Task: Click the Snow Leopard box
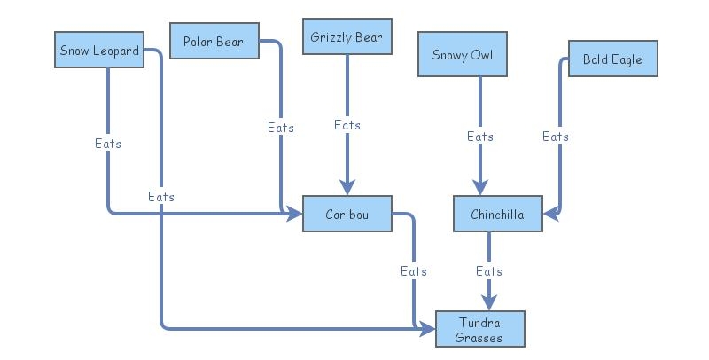coord(98,51)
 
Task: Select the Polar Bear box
coord(213,42)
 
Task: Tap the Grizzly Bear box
coord(347,38)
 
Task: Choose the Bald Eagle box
coord(612,59)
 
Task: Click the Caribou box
coord(347,215)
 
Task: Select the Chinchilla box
coord(497,215)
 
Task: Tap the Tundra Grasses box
coord(479,329)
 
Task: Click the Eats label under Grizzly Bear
coord(347,125)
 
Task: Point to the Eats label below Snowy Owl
coord(480,137)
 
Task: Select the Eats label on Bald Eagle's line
coord(556,137)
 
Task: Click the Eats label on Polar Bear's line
coord(281,128)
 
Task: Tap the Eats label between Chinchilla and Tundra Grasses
coord(489,270)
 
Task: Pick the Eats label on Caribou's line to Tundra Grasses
coord(414,271)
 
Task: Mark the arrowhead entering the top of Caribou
coord(347,187)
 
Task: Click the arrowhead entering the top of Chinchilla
coord(479,187)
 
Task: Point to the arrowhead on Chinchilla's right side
coord(550,214)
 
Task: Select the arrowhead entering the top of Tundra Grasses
coord(488,302)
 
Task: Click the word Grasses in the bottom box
coord(479,338)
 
